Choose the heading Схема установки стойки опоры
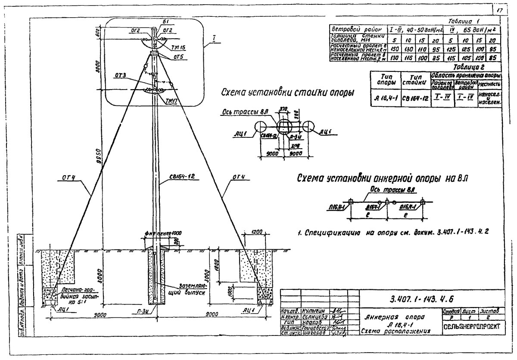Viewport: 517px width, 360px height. coord(285,93)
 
